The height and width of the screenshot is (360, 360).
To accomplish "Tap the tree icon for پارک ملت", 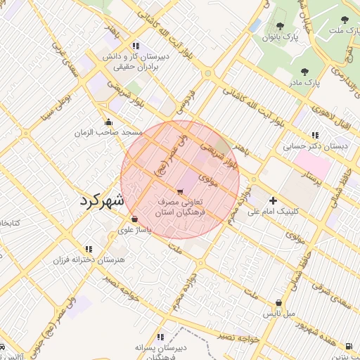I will tap(344, 20).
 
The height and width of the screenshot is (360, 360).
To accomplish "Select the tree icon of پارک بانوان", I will tap(280, 26).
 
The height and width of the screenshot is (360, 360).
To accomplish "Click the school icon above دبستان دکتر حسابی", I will tap(315, 135).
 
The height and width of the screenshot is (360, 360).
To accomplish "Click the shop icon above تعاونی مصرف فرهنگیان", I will tap(181, 191).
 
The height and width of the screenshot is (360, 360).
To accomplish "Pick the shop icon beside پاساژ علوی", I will tap(134, 219).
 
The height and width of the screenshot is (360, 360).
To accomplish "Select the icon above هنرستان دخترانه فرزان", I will tap(89, 249).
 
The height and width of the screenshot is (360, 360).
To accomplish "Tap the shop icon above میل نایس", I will tap(279, 303).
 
